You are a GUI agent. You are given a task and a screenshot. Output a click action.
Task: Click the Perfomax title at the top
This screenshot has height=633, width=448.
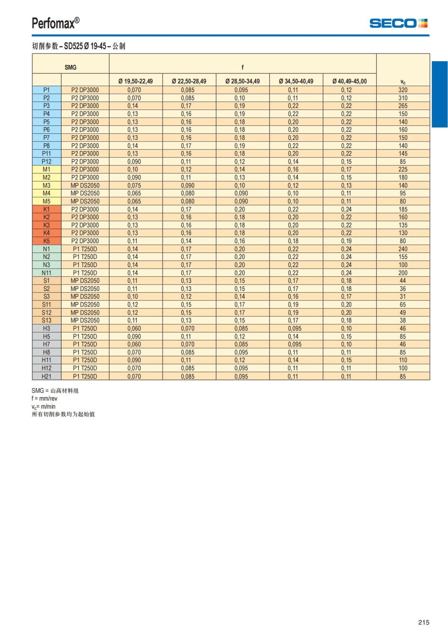point(56,23)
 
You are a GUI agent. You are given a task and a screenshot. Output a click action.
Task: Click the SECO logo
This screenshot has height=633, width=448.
point(398,23)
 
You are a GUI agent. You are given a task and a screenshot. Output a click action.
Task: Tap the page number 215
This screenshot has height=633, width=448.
point(424,622)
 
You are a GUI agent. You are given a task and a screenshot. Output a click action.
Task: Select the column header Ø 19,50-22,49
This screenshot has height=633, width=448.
point(136,81)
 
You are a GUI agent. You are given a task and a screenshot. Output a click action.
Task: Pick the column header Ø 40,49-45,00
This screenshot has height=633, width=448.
point(349,81)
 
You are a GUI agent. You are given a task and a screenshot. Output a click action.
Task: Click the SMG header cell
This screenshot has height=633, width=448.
point(71,67)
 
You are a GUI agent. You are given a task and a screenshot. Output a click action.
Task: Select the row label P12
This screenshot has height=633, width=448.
point(47,162)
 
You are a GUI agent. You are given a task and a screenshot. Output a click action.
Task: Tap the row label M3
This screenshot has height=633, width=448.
point(47,185)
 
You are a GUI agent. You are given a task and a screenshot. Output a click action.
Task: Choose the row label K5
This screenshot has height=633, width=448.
point(47,241)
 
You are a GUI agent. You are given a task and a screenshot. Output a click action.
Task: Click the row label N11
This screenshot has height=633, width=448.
point(47,273)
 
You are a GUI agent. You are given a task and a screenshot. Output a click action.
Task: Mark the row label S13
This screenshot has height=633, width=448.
point(47,320)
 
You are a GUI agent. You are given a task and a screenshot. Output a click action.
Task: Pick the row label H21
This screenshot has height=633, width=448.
point(47,376)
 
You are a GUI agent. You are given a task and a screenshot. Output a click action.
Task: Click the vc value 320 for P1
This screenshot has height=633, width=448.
point(403,90)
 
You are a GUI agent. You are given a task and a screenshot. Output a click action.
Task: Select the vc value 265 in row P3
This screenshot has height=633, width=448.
point(403,106)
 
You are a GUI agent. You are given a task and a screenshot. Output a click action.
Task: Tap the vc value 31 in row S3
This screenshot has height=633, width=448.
point(403,297)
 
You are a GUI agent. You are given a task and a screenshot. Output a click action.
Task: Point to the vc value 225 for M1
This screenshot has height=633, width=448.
point(403,169)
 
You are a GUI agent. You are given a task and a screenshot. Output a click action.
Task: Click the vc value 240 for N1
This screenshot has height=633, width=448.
point(403,249)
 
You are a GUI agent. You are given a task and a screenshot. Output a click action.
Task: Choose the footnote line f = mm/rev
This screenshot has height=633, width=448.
point(44,398)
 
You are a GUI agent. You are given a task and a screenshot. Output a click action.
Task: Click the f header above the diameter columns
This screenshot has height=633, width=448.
point(242,67)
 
